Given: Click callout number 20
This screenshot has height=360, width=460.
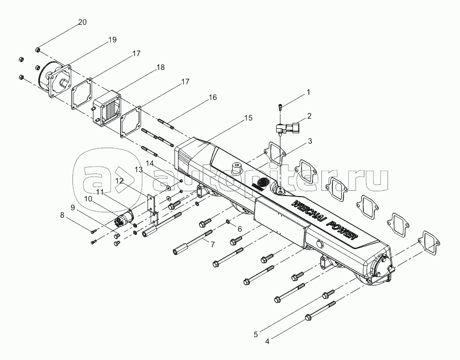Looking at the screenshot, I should pyautogui.click(x=82, y=22).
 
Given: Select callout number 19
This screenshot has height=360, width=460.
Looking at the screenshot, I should pyautogui.click(x=112, y=40).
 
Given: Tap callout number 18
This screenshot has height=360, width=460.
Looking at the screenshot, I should pyautogui.click(x=161, y=68).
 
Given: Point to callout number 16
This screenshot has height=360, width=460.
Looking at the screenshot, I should pyautogui.click(x=213, y=98).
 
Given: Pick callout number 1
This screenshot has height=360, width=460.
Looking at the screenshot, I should pyautogui.click(x=308, y=92).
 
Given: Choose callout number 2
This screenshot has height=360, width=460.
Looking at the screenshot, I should pyautogui.click(x=309, y=116).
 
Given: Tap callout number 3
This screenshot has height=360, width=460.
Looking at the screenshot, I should pyautogui.click(x=310, y=141).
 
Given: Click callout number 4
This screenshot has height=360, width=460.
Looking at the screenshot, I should pyautogui.click(x=267, y=341).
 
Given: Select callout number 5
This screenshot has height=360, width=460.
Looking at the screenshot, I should pyautogui.click(x=256, y=333).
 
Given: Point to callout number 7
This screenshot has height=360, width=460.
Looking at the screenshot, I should pyautogui.click(x=212, y=244).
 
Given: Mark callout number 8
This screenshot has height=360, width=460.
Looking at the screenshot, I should pyautogui.click(x=62, y=215).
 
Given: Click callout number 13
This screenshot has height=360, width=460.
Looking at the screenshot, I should pyautogui.click(x=139, y=170).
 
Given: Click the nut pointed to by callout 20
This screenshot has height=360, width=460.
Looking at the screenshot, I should pyautogui.click(x=38, y=49).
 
